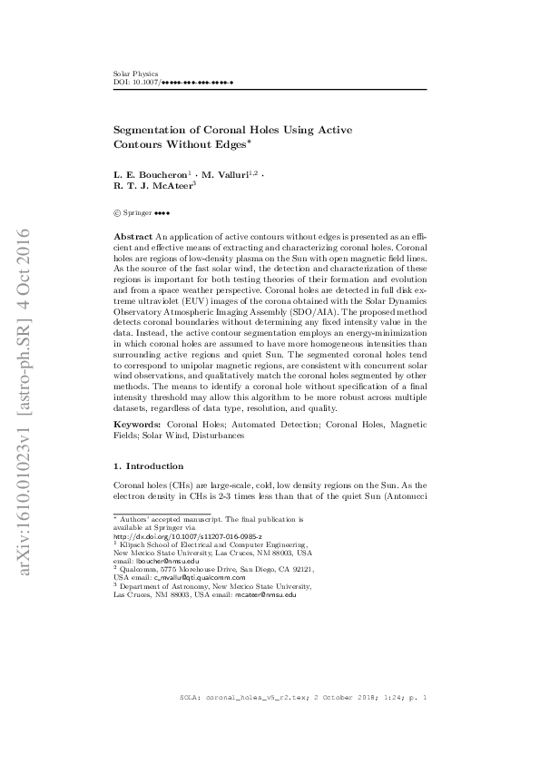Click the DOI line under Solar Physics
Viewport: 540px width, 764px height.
click(x=173, y=82)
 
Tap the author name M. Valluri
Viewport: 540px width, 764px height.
click(x=227, y=173)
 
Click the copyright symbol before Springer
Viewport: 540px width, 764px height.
click(x=117, y=213)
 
